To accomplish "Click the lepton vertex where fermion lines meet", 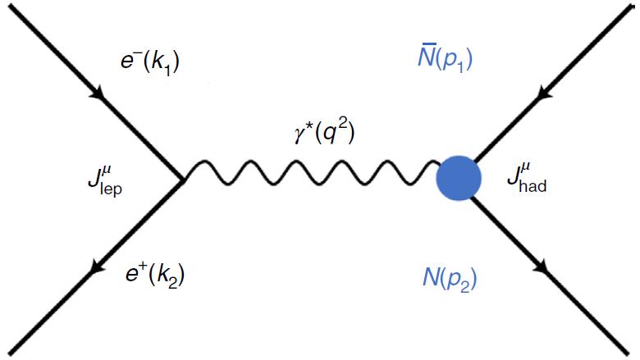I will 183,178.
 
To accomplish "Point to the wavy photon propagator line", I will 312,175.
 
